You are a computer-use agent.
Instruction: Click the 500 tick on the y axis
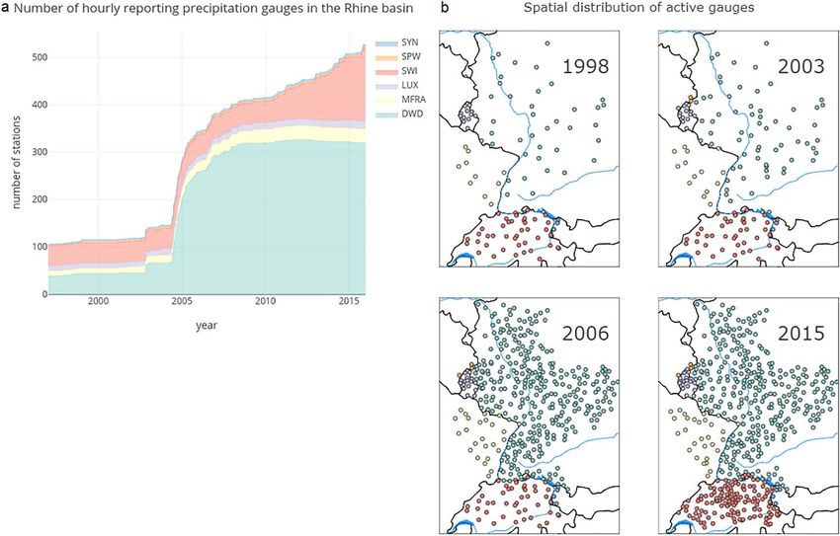(37, 57)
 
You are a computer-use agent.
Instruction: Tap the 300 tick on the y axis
(37, 152)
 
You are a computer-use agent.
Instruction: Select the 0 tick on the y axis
(42, 295)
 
